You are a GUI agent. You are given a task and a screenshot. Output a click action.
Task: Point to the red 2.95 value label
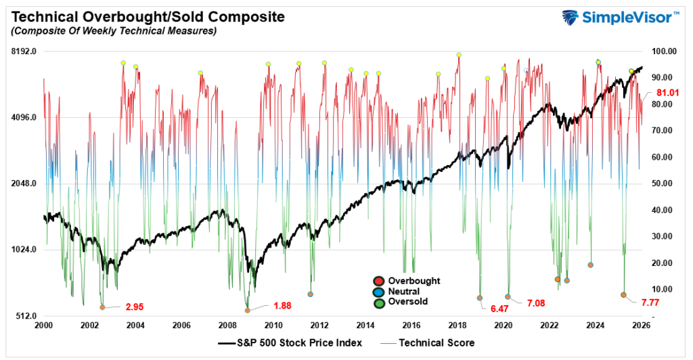tap(135, 307)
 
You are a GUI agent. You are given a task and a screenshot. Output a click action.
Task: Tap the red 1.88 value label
tap(282, 306)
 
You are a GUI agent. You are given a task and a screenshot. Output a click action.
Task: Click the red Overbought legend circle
tap(379, 281)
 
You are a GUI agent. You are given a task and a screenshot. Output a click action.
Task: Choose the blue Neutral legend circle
tap(379, 291)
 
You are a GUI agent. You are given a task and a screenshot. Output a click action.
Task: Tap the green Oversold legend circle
tap(379, 302)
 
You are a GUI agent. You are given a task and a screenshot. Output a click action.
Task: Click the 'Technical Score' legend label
tap(437, 343)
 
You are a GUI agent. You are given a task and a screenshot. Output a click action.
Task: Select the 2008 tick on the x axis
tap(227, 326)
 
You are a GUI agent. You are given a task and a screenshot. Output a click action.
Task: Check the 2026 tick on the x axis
tap(641, 326)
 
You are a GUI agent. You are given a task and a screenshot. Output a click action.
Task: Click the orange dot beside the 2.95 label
tap(103, 307)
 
